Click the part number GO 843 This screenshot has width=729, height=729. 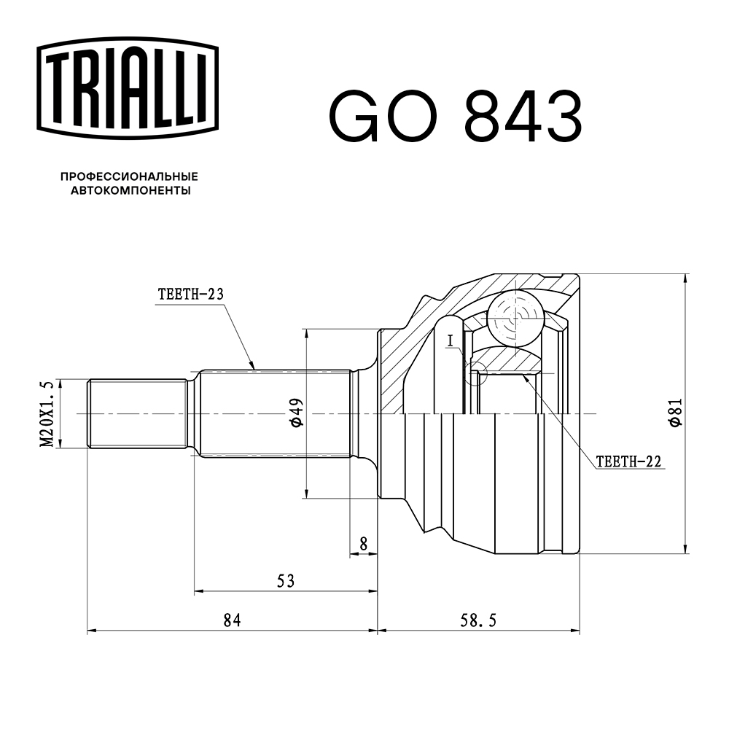(x=456, y=117)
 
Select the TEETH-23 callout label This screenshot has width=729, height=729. (x=190, y=295)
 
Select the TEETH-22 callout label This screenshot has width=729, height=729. (x=628, y=461)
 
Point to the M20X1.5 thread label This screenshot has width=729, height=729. (x=49, y=413)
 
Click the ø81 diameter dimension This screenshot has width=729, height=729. (x=675, y=413)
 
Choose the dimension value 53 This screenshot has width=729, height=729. (x=286, y=580)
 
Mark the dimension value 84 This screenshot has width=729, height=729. (x=232, y=620)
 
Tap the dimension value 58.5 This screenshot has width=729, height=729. (x=479, y=620)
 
